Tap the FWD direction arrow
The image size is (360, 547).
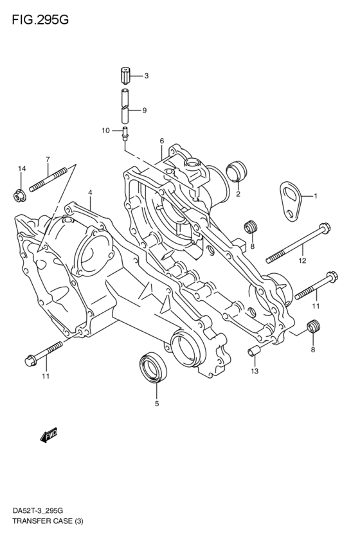click(x=49, y=436)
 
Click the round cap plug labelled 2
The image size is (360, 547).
click(x=237, y=172)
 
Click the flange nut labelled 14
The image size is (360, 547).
click(x=19, y=193)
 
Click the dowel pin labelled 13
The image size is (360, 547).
click(x=254, y=351)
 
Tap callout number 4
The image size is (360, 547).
click(x=90, y=192)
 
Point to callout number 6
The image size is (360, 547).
click(x=162, y=141)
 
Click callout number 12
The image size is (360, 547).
click(x=301, y=260)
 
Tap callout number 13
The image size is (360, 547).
click(x=254, y=372)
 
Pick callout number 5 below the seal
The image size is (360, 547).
click(x=156, y=404)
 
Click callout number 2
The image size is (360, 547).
click(x=237, y=193)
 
